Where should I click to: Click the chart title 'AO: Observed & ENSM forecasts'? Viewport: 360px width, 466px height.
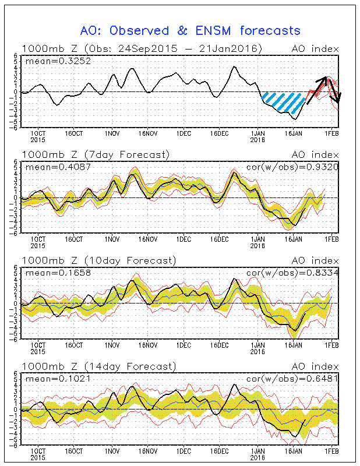pyautogui.click(x=190, y=30)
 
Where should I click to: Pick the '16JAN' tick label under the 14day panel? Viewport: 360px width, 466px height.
pyautogui.click(x=293, y=451)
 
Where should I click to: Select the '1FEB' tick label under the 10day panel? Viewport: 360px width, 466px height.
pyautogui.click(x=331, y=345)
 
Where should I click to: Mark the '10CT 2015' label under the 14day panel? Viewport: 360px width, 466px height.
pyautogui.click(x=38, y=454)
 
